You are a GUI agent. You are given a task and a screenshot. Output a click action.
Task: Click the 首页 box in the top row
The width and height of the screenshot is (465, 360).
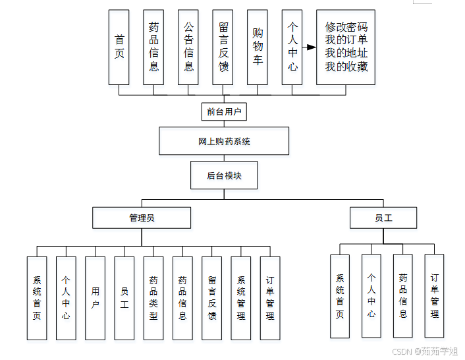(x=119, y=47)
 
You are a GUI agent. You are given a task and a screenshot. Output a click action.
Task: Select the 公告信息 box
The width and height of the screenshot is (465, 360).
(x=188, y=47)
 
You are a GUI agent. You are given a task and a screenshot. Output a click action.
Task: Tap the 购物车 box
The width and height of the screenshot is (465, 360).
(x=258, y=47)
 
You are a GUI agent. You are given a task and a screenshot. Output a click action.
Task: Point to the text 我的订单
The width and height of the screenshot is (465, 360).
(x=346, y=41)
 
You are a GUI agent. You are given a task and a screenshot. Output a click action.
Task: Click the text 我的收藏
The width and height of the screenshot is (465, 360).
(x=346, y=67)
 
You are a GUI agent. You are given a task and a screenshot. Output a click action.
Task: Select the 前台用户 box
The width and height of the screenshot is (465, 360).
(x=223, y=111)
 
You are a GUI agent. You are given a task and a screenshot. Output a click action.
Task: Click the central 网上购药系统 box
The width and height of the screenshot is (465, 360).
(x=224, y=141)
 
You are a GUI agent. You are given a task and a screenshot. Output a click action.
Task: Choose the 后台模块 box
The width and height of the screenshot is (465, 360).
(x=224, y=175)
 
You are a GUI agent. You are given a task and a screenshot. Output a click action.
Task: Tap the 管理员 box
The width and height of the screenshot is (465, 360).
(x=142, y=218)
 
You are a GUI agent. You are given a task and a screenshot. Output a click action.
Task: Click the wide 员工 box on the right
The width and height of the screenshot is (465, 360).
(x=383, y=218)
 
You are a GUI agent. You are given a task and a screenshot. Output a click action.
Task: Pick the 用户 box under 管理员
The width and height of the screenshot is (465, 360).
(x=96, y=298)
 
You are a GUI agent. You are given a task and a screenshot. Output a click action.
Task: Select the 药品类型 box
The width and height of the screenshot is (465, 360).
(x=153, y=298)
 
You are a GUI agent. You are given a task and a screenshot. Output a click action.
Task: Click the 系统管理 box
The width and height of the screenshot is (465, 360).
(x=241, y=298)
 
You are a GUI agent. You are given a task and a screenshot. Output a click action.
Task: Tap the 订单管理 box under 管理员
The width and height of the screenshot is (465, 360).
(x=270, y=298)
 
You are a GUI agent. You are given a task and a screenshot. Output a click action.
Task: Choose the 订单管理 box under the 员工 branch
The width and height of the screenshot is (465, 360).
(x=434, y=296)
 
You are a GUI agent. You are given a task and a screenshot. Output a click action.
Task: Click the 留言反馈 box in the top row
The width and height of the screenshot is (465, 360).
(x=223, y=47)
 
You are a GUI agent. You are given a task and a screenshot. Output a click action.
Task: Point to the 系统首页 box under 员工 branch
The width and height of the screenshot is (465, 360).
(x=340, y=296)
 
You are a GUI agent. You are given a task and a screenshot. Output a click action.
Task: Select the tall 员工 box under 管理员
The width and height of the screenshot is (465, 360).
(x=124, y=298)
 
